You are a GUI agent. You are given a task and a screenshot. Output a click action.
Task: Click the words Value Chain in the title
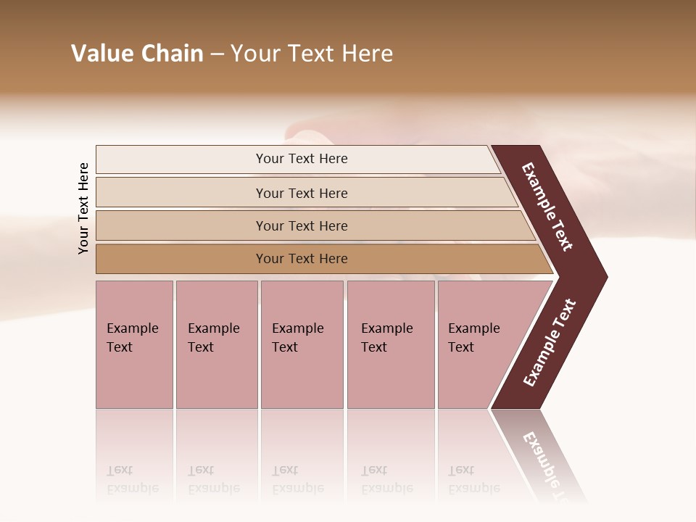tap(137, 54)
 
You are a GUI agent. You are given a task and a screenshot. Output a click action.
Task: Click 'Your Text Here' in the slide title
tap(312, 54)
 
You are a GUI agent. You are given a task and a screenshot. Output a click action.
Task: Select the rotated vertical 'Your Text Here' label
tap(83, 208)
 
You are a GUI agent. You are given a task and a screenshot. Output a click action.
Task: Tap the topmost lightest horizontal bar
tap(181, 159)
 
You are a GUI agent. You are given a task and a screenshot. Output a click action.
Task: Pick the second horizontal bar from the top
tap(181, 193)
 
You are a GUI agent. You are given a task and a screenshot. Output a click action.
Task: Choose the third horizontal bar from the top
tap(181, 225)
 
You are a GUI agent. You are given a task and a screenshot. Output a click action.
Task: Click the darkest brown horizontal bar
tap(181, 259)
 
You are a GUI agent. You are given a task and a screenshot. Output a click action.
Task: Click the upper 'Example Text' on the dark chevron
tap(547, 207)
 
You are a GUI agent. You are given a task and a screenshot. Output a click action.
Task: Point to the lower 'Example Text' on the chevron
tap(549, 343)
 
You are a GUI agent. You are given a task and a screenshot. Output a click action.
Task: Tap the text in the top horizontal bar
tap(302, 159)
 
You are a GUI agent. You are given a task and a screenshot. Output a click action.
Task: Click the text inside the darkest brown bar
tap(302, 259)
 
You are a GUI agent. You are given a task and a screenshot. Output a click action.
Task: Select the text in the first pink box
tap(132, 338)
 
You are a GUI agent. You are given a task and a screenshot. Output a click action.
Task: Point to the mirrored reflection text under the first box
tap(132, 480)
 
